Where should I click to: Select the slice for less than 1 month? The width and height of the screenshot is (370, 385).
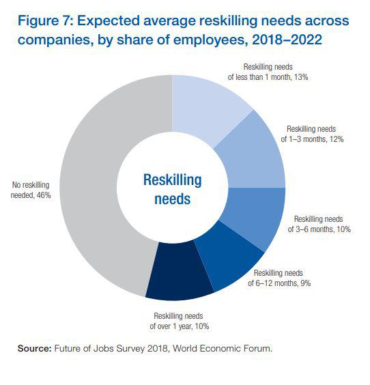[208, 102]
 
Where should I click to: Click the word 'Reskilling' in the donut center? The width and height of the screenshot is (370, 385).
[172, 180]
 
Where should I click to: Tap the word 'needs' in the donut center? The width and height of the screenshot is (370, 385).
[172, 200]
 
